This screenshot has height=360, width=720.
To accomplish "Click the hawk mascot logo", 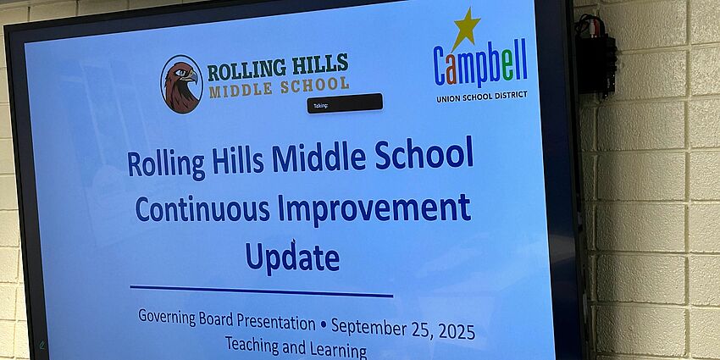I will (x=181, y=84).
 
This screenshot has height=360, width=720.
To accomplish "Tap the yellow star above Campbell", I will (x=465, y=28).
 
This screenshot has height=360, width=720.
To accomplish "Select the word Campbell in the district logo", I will (x=480, y=66).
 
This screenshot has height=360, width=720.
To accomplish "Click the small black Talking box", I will (x=345, y=103).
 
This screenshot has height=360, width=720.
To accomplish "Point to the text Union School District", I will (x=481, y=97).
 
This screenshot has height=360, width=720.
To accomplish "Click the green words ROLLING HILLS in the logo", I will (x=278, y=67).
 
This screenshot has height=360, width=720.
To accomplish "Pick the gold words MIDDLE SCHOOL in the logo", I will (x=279, y=86).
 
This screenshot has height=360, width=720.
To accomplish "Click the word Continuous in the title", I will (x=197, y=208).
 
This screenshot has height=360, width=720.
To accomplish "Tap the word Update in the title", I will (x=292, y=257).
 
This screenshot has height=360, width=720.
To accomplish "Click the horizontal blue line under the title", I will (x=262, y=292).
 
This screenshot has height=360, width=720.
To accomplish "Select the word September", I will (x=366, y=327).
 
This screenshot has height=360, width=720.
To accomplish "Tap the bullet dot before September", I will (x=323, y=324).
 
